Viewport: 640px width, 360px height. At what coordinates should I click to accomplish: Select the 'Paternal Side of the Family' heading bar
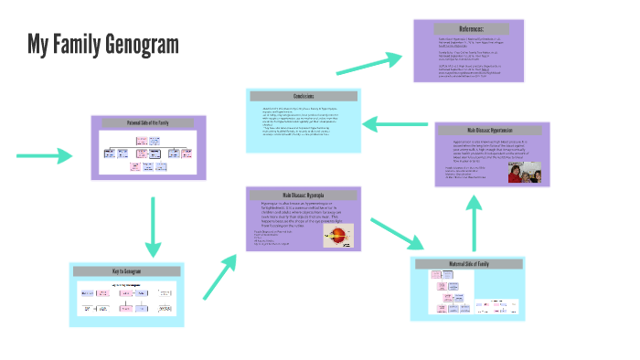(x=147, y=122)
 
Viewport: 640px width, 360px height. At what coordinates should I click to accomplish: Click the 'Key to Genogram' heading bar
(x=127, y=271)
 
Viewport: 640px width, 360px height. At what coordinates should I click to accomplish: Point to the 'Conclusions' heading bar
(x=304, y=97)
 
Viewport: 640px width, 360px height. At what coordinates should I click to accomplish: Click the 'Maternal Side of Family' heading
(x=469, y=265)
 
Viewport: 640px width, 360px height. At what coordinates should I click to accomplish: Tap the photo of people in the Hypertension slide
(x=524, y=173)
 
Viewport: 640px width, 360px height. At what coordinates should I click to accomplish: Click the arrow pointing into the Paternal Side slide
(x=45, y=156)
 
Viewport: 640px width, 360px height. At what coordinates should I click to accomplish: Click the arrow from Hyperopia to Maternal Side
(x=399, y=231)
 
